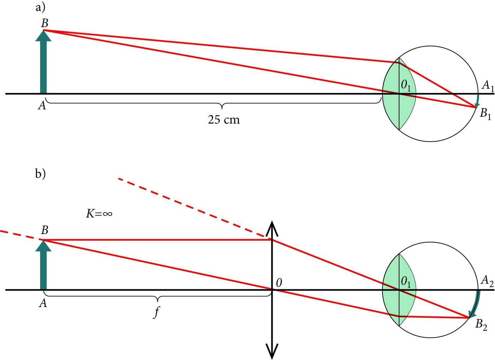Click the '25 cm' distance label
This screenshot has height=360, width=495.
coord(223,120)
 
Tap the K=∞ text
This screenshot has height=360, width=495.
coord(99,213)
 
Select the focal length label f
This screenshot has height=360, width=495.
coord(156,312)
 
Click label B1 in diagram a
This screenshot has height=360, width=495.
coord(485,114)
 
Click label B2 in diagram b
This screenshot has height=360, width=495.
coord(481,324)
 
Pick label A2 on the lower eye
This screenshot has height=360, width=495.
coord(487,282)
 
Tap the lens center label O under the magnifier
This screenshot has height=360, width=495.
coord(279,283)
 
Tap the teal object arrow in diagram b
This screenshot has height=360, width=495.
coord(43,267)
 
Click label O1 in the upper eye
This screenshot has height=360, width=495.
coord(406,85)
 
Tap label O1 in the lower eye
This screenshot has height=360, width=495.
coord(406,282)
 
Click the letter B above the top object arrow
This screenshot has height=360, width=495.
coord(45,24)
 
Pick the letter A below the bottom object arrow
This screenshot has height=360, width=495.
coord(43,303)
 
